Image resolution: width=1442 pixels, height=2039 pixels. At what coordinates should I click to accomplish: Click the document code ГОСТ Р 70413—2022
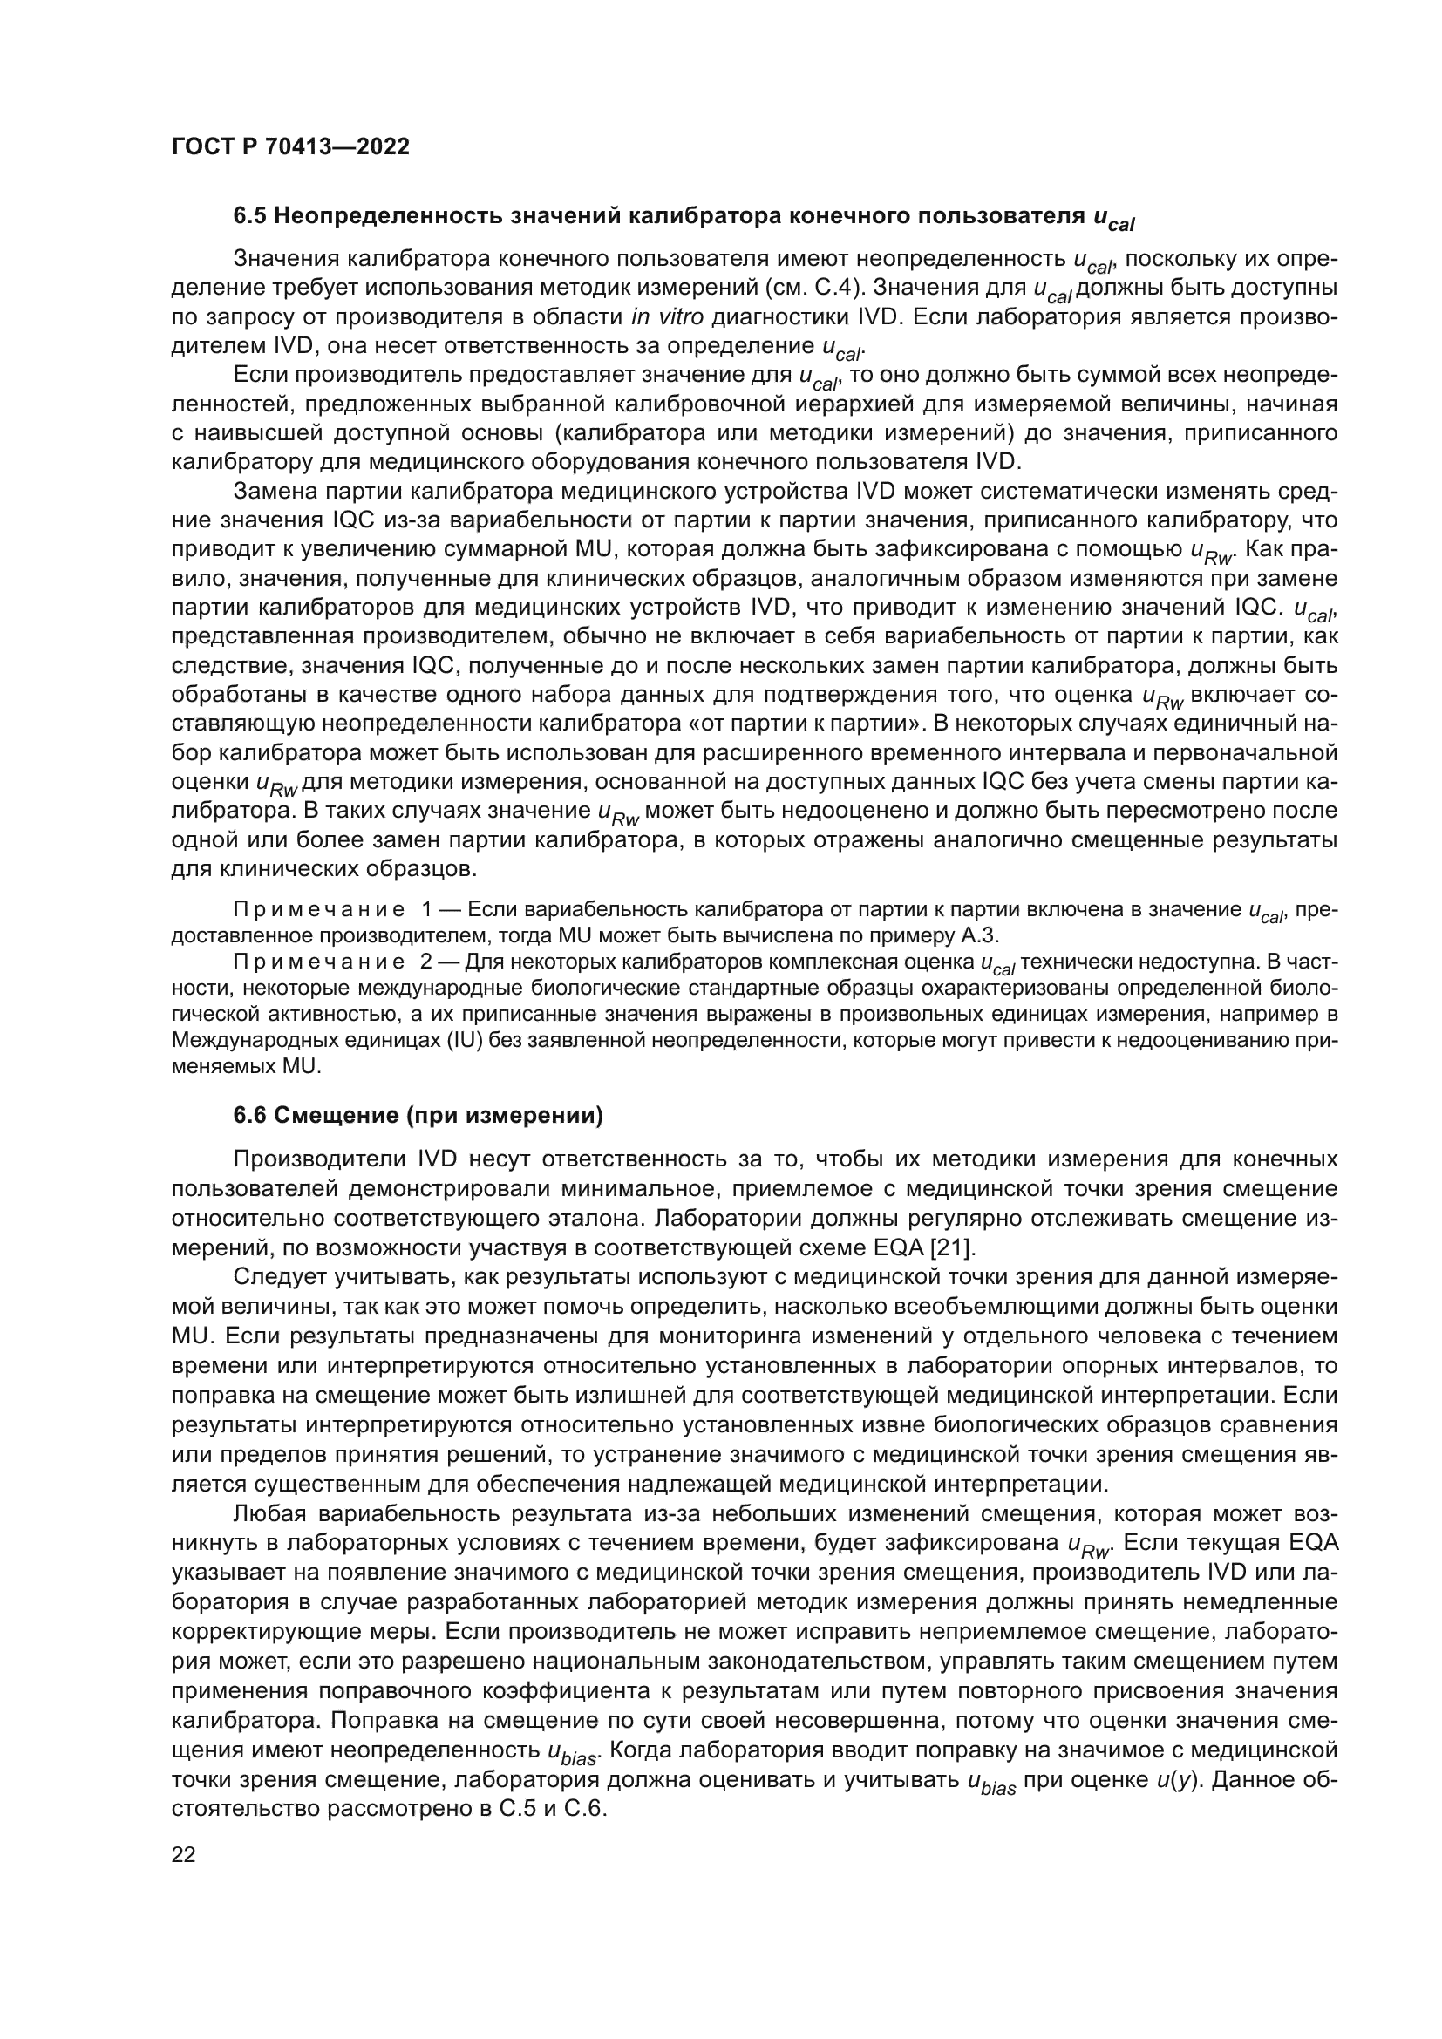pyautogui.click(x=290, y=147)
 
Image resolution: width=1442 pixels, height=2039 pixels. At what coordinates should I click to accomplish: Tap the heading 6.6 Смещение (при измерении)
pyautogui.click(x=418, y=1118)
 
